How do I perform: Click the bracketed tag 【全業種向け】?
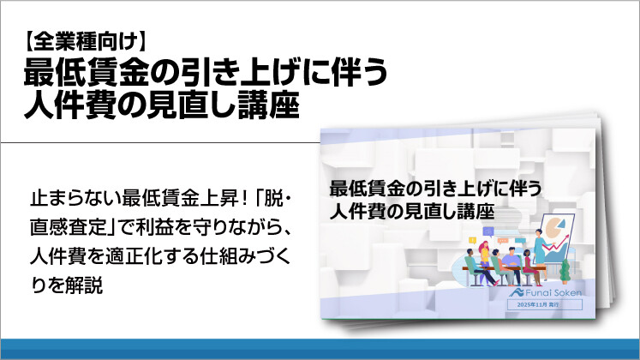pyautogui.click(x=85, y=39)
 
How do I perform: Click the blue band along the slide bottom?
pyautogui.click(x=320, y=349)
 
